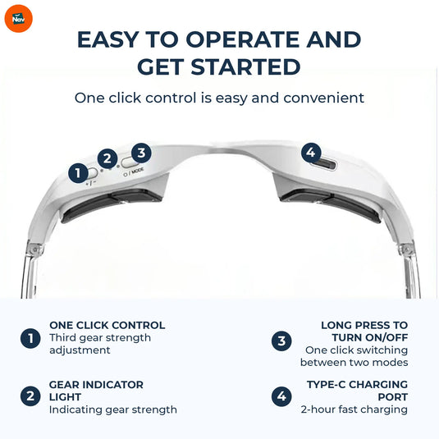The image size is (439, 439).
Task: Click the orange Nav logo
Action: coord(18,18)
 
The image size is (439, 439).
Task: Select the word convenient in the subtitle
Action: coord(323,98)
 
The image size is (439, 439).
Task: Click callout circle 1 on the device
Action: coord(79,172)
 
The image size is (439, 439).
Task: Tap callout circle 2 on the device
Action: coord(107,159)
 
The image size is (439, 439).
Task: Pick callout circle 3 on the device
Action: coord(141,153)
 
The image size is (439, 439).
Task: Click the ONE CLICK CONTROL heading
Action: coord(107,325)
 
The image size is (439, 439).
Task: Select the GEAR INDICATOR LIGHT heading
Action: coord(96,390)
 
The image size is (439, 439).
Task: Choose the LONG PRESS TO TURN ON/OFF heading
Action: coord(364,331)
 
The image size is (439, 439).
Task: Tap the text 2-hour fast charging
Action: coord(354,409)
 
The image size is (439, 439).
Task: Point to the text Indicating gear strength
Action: coord(112,409)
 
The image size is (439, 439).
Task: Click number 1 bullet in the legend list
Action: coord(30,338)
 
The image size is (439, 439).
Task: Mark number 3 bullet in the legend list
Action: coord(281,338)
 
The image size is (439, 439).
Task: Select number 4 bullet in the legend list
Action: coord(281,396)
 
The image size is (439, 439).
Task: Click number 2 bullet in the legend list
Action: coord(30,396)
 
